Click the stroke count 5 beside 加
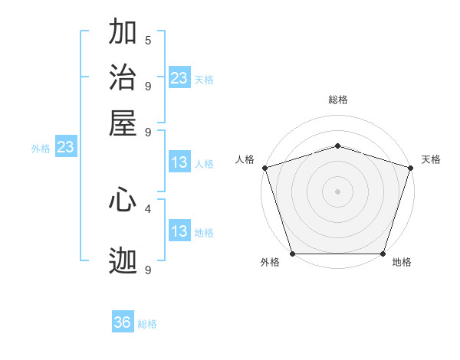click(148, 41)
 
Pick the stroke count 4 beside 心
click(148, 208)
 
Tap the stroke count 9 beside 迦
click(148, 270)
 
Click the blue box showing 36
click(123, 322)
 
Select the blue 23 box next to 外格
click(65, 147)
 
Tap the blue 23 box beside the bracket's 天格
click(179, 77)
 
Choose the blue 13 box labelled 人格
click(179, 162)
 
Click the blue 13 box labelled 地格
click(179, 231)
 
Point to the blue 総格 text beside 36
click(148, 324)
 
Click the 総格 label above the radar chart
click(337, 100)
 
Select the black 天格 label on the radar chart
click(431, 159)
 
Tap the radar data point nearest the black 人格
click(264, 168)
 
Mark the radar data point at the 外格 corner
click(292, 254)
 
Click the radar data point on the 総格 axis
click(337, 146)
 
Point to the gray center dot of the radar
click(337, 191)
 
